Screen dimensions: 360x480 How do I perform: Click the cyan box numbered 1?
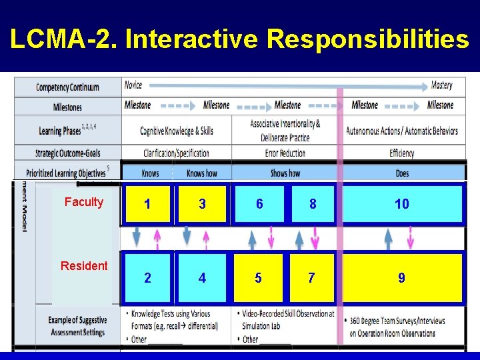147,204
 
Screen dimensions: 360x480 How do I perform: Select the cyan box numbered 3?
202,204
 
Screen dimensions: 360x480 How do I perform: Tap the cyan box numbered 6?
259,204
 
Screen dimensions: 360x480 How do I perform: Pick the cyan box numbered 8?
312,204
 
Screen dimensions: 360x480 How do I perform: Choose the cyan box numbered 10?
401,204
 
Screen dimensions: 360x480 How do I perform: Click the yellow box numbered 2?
147,277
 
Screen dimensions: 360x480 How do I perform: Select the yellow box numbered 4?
202,277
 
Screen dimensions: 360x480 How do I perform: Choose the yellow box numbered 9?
401,277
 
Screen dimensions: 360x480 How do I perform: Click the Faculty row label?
84,202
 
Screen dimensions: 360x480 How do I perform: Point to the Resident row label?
84,265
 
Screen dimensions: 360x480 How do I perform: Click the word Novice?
133,85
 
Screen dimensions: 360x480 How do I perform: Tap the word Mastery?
441,85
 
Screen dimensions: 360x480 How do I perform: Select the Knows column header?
150,173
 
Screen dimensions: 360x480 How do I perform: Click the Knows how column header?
201,173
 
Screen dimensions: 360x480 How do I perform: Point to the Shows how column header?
285,173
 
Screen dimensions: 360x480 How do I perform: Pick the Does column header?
402,173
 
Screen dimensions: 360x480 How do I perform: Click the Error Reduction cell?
285,153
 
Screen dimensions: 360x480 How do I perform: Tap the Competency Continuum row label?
67,87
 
